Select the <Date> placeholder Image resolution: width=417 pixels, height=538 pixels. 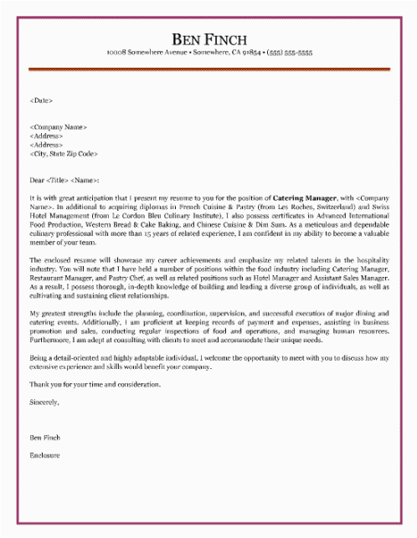coord(41,100)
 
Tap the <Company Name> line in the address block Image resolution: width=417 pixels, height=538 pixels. coord(58,126)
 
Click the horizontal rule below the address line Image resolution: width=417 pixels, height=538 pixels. coord(209,69)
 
